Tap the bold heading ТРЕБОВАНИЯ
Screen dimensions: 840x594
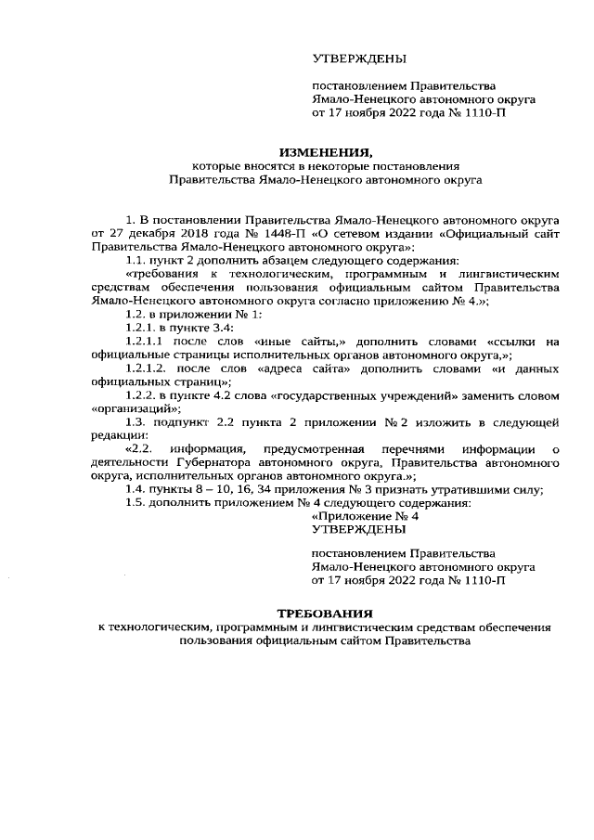(325, 614)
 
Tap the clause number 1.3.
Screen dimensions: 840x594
(136, 422)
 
